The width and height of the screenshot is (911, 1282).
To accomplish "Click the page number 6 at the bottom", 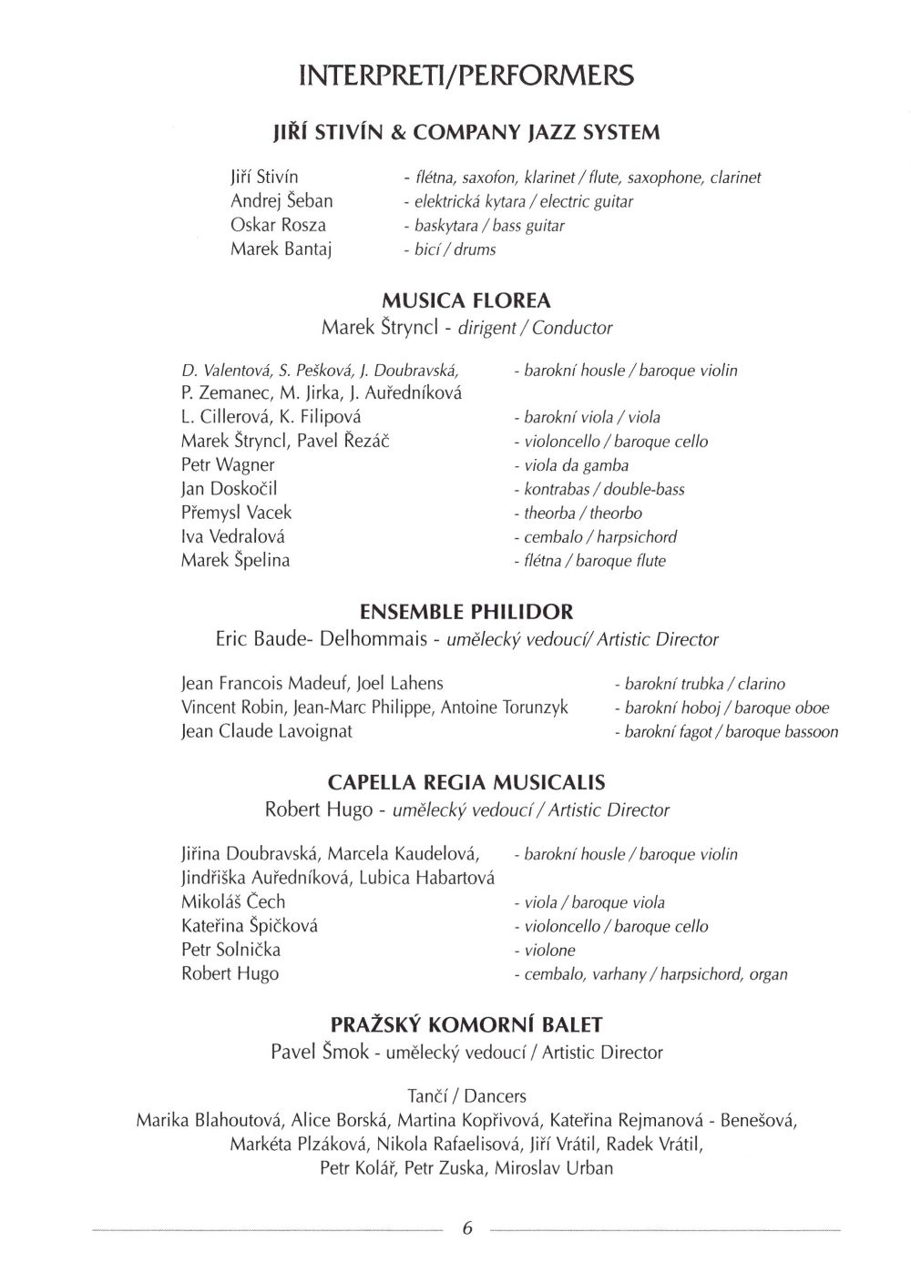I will click(x=467, y=1228).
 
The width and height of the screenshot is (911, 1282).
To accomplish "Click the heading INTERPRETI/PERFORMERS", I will click(x=466, y=76).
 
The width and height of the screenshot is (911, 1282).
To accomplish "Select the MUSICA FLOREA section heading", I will click(x=466, y=300).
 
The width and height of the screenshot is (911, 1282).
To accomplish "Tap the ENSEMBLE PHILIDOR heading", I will click(x=466, y=611).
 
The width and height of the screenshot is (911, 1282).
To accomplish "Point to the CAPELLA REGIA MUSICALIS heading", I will click(x=466, y=782).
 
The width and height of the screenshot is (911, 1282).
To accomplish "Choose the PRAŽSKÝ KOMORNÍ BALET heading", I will click(x=466, y=1025).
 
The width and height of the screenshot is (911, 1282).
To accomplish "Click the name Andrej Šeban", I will click(x=281, y=200).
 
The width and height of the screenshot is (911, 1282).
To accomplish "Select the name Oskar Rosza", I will click(x=278, y=225).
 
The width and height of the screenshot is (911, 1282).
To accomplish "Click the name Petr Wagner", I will click(x=228, y=465).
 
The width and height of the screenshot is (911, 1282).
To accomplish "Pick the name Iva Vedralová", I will click(x=233, y=536).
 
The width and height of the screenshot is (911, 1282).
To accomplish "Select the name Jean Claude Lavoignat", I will click(x=267, y=731).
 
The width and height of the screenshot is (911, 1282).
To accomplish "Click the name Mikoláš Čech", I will click(x=233, y=902).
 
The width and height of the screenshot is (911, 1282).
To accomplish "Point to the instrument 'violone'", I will click(x=544, y=951).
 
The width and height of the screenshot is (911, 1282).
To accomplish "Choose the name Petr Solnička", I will click(x=230, y=950).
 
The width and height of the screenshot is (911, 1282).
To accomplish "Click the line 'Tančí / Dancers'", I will click(x=467, y=1096).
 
